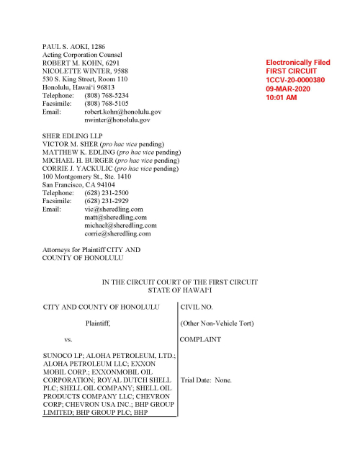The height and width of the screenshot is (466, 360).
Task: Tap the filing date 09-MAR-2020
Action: coord(290,89)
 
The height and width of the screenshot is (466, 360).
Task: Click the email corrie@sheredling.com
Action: coord(117,233)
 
